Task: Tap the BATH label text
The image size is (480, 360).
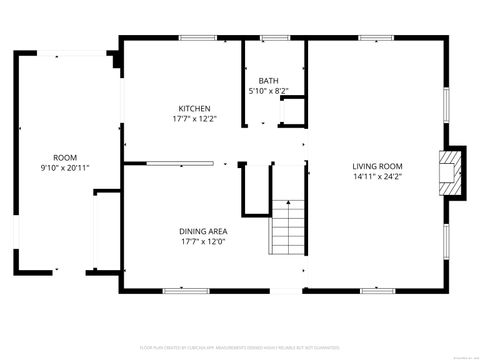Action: coord(268,81)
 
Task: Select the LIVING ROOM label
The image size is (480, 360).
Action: coord(376,166)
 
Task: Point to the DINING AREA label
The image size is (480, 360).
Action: coord(204,231)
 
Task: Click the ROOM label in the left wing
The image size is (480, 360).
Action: coord(65,157)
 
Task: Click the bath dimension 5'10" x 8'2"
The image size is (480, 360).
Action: coord(268,91)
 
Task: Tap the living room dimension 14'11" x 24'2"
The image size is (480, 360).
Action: coord(376,177)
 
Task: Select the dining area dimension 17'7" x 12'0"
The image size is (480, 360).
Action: coord(204,241)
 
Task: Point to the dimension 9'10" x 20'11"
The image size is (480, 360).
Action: coord(65,167)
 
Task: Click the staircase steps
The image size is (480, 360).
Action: coord(288,226)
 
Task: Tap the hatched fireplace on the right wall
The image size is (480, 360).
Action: coord(453,170)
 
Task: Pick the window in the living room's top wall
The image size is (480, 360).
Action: coord(375,38)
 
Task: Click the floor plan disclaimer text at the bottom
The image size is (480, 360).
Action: coord(240,346)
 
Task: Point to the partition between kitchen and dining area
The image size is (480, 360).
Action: coord(180,161)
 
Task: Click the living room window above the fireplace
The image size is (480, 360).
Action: coord(445,103)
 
